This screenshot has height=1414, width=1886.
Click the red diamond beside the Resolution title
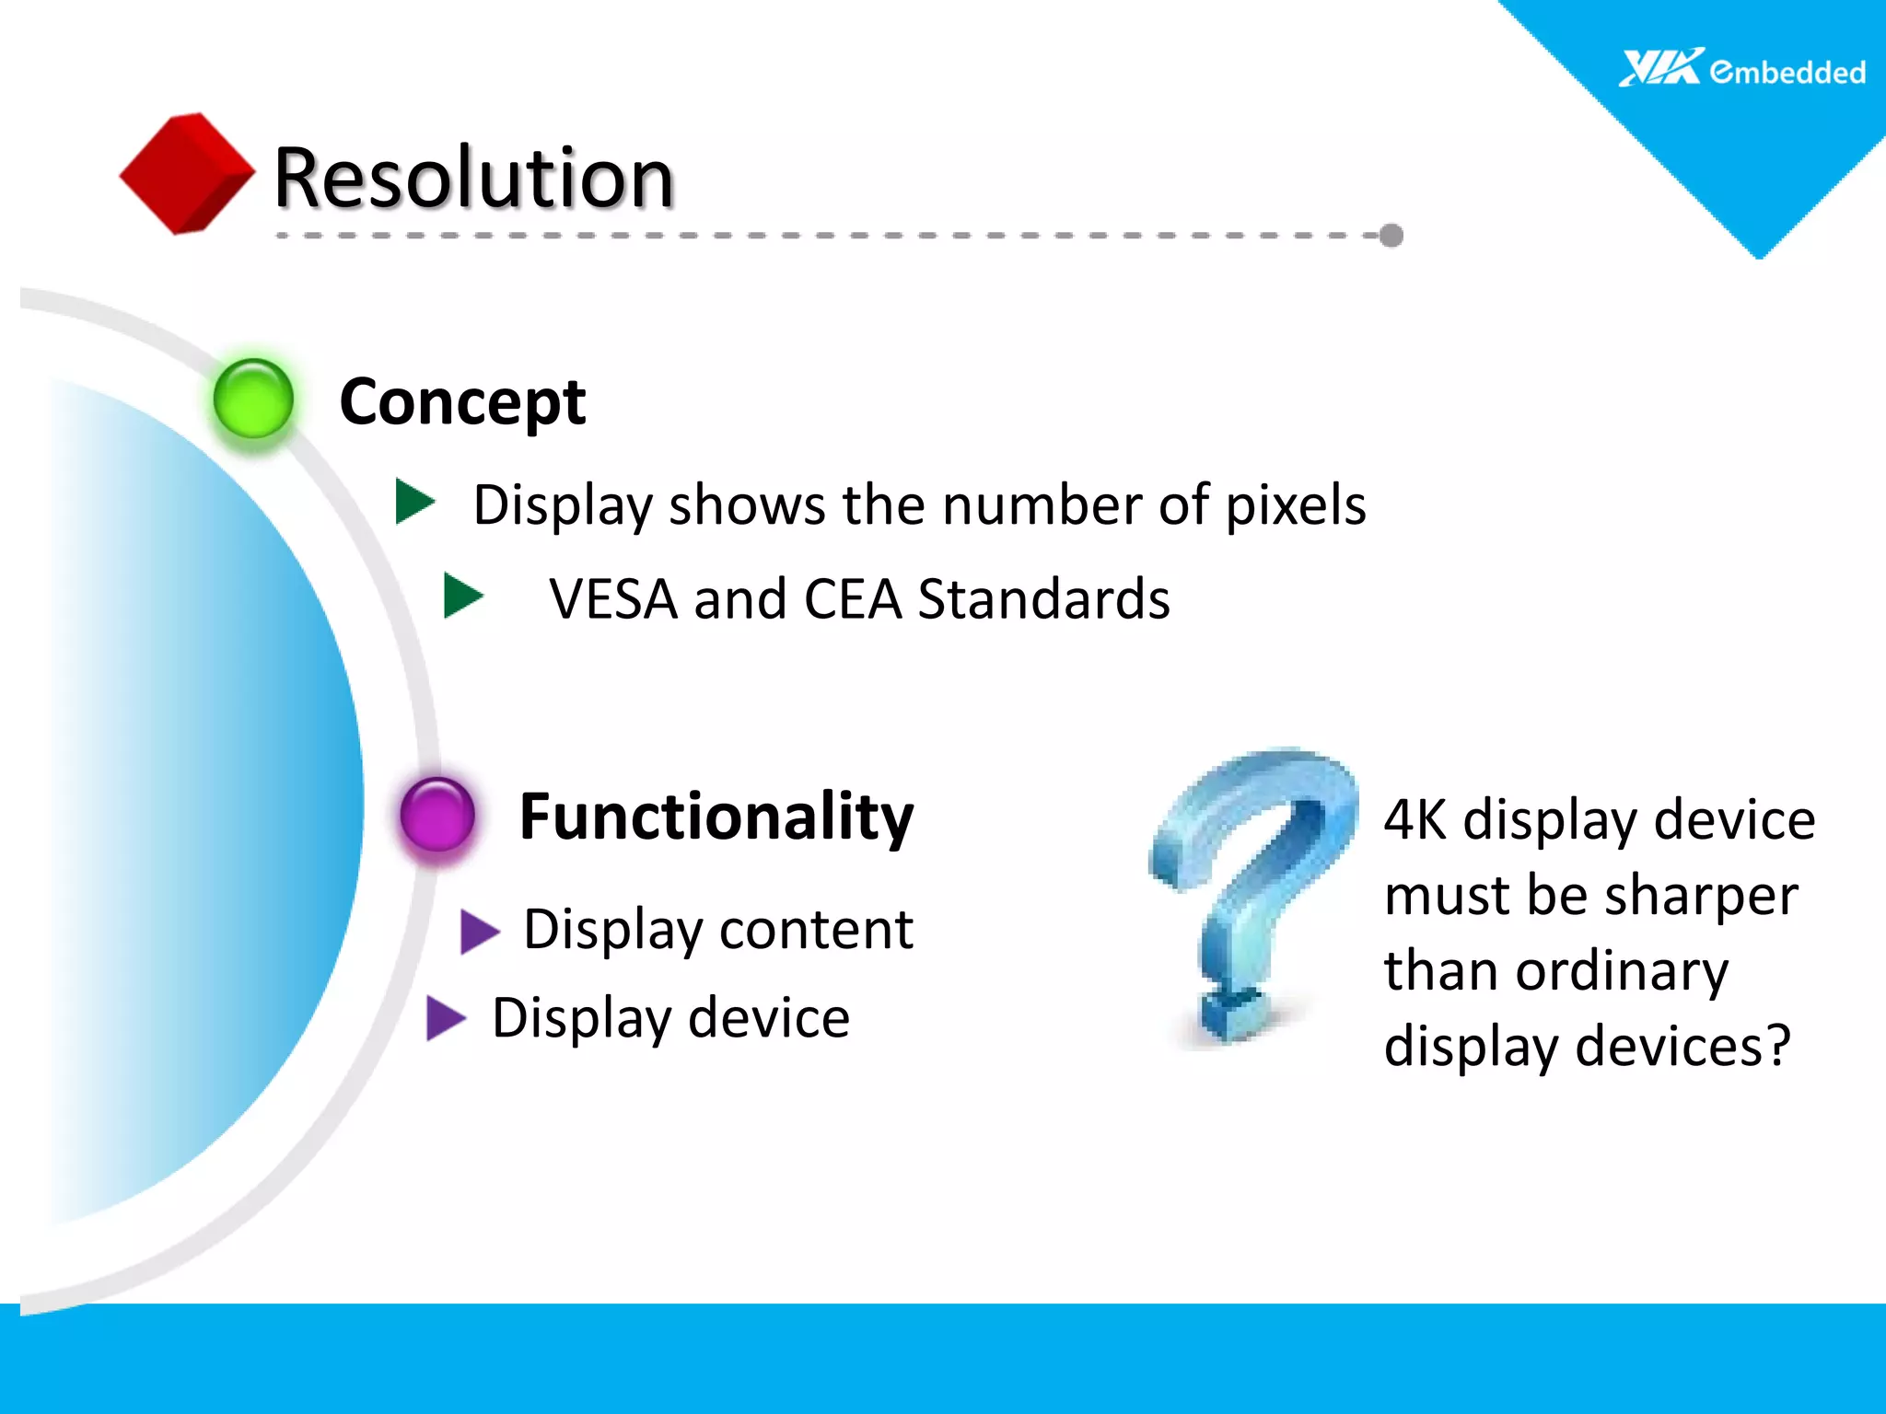pos(187,173)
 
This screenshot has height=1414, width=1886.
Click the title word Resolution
pos(474,178)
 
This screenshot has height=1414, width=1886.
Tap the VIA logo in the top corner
pos(1660,68)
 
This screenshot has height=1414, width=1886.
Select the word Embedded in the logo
pos(1787,72)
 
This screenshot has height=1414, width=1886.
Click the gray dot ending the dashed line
pos(1391,236)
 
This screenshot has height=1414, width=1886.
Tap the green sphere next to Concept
pos(253,399)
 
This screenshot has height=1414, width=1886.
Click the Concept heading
pos(462,402)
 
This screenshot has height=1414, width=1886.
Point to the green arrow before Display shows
pos(414,502)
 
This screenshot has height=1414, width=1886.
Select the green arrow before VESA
pos(463,596)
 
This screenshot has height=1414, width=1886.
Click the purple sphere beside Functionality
pos(437,814)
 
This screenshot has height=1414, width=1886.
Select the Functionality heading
pos(716,817)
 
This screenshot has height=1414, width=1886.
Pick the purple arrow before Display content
pos(479,931)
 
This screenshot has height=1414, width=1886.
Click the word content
pos(816,929)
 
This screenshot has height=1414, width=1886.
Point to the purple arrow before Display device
pos(447,1018)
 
